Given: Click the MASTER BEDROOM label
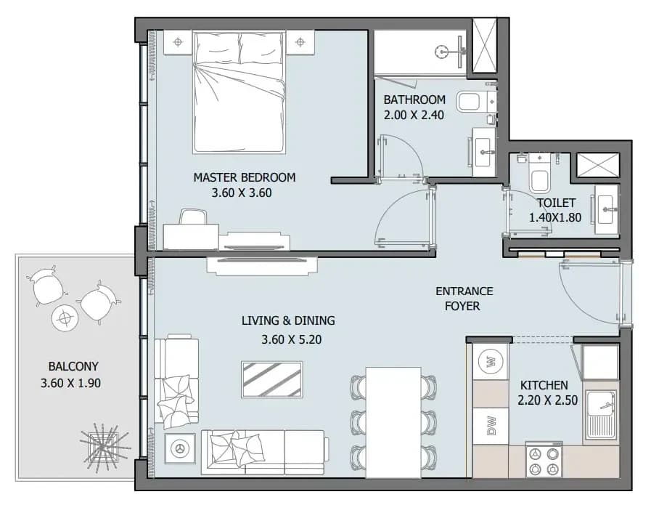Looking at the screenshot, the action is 245,177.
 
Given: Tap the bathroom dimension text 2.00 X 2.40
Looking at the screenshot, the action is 414,115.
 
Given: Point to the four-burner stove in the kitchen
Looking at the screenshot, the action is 544,460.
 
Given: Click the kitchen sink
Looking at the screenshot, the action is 602,415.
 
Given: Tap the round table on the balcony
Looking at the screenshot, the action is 65,318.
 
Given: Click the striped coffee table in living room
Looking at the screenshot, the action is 272,379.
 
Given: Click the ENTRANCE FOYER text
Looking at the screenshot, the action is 464,299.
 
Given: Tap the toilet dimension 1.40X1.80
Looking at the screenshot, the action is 555,217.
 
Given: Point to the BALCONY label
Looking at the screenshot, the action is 73,366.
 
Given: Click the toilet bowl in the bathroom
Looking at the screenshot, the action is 469,102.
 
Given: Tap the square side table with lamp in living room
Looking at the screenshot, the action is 180,448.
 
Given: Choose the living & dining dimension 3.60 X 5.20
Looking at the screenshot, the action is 292,339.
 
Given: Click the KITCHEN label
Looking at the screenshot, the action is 544,385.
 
